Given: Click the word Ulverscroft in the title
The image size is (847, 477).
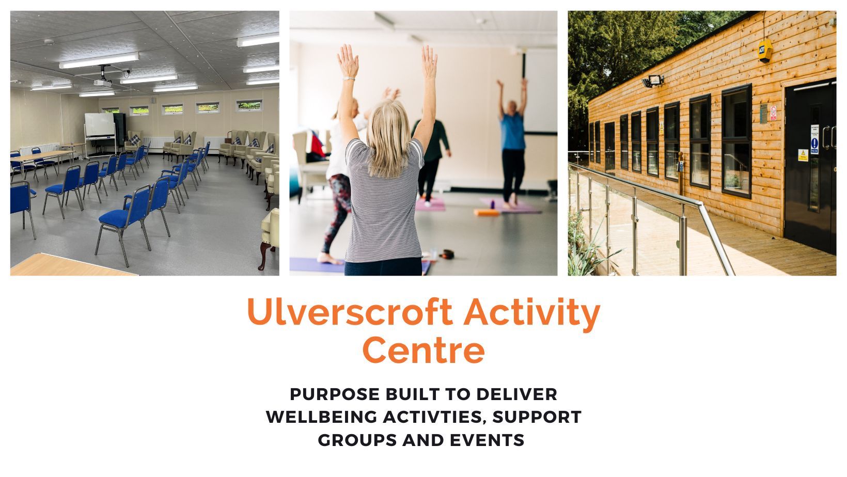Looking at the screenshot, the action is coord(350,312).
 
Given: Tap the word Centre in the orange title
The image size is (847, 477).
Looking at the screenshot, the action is coord(423,351).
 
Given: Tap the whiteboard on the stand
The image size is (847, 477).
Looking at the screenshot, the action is coord(100,125).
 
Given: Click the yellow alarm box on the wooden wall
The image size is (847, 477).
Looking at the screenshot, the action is coord(765,50).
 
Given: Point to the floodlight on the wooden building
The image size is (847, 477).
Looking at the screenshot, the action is coord(653,81).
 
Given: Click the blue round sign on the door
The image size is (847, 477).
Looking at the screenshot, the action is coord(814,143).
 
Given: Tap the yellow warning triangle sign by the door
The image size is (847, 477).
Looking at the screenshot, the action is coord(803,155).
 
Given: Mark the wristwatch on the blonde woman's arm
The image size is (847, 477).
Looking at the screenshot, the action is coord(349,78).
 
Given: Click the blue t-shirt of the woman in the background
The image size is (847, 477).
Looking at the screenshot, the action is coord(513,131).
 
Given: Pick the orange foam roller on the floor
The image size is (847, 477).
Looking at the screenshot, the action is coord(487,213).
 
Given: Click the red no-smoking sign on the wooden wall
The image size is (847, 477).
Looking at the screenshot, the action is coord(773,113).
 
